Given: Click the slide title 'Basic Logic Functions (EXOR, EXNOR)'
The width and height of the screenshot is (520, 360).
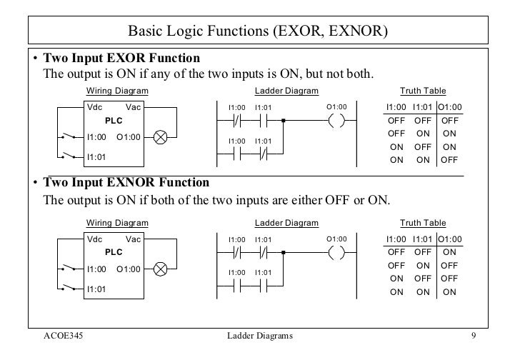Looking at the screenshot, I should pyautogui.click(x=258, y=31).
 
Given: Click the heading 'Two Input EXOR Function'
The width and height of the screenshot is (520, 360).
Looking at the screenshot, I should pyautogui.click(x=121, y=57).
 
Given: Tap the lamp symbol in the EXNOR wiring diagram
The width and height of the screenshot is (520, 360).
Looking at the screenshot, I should pyautogui.click(x=161, y=269).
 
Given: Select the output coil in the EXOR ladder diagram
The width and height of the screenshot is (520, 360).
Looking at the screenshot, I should pyautogui.click(x=336, y=121).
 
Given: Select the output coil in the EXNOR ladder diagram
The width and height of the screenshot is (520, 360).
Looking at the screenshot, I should pyautogui.click(x=336, y=252).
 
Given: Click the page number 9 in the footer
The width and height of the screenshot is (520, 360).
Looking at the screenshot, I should pyautogui.click(x=473, y=336).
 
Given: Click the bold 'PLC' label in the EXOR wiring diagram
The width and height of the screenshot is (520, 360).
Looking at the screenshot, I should pyautogui.click(x=114, y=121).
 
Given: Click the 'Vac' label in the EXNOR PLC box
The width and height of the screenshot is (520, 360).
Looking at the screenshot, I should pyautogui.click(x=133, y=239).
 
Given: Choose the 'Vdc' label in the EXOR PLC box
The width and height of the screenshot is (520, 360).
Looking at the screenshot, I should pyautogui.click(x=94, y=108).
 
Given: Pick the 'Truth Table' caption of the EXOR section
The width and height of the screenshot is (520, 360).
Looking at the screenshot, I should pyautogui.click(x=423, y=91).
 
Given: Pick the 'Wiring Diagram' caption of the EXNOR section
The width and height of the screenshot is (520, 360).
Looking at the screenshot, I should pyautogui.click(x=117, y=223).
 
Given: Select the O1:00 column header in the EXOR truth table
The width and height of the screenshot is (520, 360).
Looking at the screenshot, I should pyautogui.click(x=449, y=108).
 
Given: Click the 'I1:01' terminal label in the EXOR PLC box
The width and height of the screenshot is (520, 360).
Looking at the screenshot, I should pyautogui.click(x=96, y=156).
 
